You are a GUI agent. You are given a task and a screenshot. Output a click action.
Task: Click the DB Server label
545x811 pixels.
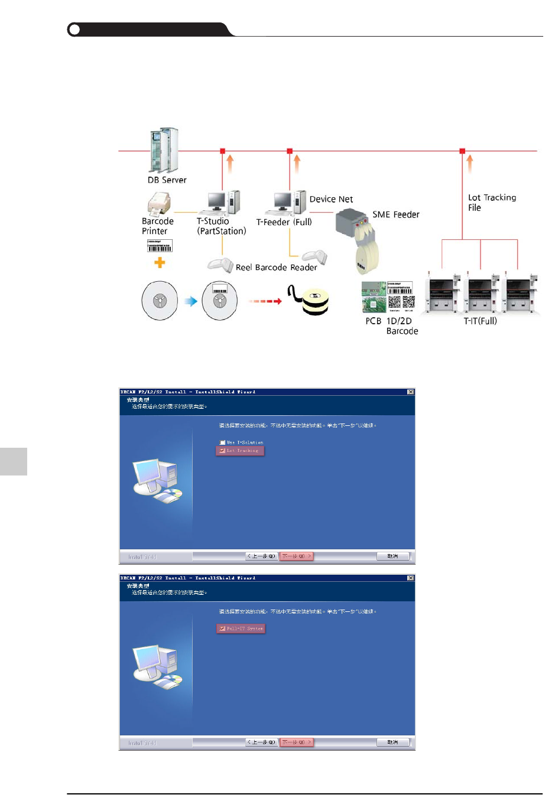click(167, 180)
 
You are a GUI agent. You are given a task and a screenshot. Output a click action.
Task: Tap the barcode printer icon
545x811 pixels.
click(159, 205)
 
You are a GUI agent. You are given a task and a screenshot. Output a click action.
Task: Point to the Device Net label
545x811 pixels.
click(331, 200)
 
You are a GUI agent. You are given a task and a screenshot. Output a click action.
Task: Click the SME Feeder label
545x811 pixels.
click(395, 215)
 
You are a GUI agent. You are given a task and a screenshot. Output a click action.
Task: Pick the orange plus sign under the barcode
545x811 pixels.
click(160, 263)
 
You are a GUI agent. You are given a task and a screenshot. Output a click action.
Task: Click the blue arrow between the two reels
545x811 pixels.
click(190, 301)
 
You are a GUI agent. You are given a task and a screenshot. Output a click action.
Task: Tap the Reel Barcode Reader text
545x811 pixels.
click(276, 268)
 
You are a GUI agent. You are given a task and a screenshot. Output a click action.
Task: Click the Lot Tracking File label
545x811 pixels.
click(491, 203)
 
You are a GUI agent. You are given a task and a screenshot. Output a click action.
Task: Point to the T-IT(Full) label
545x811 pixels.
click(480, 321)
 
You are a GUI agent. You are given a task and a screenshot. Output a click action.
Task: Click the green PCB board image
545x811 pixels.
click(374, 298)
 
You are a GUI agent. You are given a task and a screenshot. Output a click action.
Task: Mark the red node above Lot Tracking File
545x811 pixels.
click(462, 151)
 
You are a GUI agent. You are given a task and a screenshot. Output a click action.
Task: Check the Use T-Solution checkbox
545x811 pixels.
click(223, 442)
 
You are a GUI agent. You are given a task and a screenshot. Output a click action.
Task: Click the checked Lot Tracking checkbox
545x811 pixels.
click(222, 451)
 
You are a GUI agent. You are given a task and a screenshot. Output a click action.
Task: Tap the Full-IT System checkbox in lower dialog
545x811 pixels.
click(222, 628)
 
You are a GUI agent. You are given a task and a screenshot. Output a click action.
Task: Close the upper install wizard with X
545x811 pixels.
click(410, 392)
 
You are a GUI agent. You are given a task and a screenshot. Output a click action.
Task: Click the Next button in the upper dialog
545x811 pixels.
click(296, 556)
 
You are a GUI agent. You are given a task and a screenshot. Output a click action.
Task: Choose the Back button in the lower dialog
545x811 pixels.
click(262, 742)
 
